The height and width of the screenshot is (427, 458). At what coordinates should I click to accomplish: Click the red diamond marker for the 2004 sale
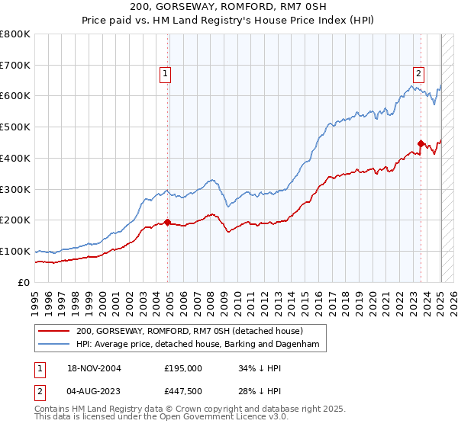click(167, 222)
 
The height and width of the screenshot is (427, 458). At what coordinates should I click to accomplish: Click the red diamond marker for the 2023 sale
click(421, 143)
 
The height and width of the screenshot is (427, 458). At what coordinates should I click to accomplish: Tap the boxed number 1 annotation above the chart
click(165, 74)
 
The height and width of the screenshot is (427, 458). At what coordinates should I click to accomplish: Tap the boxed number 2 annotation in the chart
click(419, 74)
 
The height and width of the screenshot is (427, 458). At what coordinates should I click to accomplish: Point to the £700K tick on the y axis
click(15, 66)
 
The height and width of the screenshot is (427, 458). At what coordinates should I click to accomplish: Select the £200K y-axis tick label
click(15, 220)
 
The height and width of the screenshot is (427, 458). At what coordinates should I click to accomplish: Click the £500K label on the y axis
click(15, 127)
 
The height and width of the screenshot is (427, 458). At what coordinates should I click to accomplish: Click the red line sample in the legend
click(55, 331)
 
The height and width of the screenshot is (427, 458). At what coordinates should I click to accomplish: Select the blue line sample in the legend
click(55, 345)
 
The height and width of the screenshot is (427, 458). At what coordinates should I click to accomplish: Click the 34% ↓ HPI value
click(256, 368)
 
